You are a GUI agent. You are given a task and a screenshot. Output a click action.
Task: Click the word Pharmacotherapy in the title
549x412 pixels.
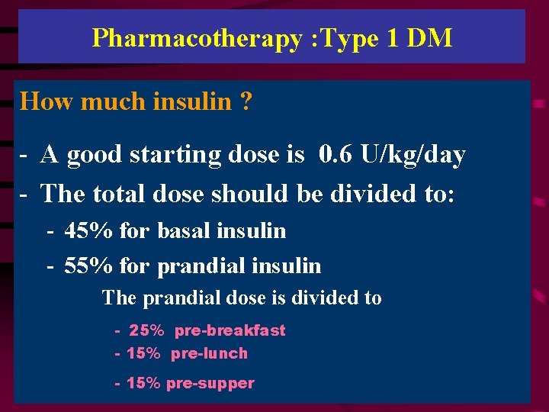coord(197,37)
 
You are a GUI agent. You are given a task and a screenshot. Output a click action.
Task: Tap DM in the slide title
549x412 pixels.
coord(429,37)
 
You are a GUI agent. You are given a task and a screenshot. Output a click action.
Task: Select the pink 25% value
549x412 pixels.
coord(146,330)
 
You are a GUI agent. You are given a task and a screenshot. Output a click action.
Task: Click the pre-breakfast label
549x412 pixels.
coord(230,330)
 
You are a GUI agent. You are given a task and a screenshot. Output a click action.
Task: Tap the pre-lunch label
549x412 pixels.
coord(210,353)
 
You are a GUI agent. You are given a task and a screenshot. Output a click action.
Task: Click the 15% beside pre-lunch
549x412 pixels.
coord(144,353)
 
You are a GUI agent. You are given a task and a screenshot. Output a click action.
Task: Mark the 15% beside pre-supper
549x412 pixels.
coord(144,383)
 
